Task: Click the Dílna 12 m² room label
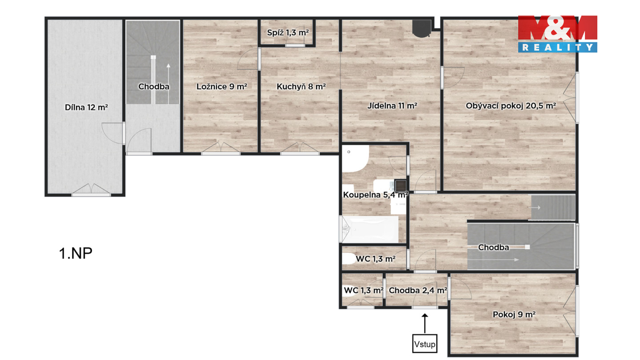pyautogui.click(x=86, y=108)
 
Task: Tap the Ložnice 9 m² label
pyautogui.click(x=222, y=87)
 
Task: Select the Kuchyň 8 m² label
pyautogui.click(x=301, y=87)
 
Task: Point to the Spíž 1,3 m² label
pyautogui.click(x=288, y=33)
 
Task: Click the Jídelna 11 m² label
pyautogui.click(x=392, y=106)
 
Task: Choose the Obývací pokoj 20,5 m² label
pyautogui.click(x=511, y=106)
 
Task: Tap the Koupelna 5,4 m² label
pyautogui.click(x=376, y=195)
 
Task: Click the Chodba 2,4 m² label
pyautogui.click(x=418, y=291)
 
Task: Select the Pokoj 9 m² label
pyautogui.click(x=514, y=315)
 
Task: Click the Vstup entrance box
pyautogui.click(x=425, y=344)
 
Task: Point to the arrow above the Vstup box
pyautogui.click(x=425, y=324)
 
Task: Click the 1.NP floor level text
pyautogui.click(x=76, y=253)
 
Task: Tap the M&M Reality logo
pyautogui.click(x=558, y=34)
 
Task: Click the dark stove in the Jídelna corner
pyautogui.click(x=422, y=28)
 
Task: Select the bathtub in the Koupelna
pyautogui.click(x=370, y=229)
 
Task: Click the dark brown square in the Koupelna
pyautogui.click(x=400, y=186)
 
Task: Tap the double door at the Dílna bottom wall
pyautogui.click(x=91, y=190)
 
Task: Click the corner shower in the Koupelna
pyautogui.click(x=354, y=159)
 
